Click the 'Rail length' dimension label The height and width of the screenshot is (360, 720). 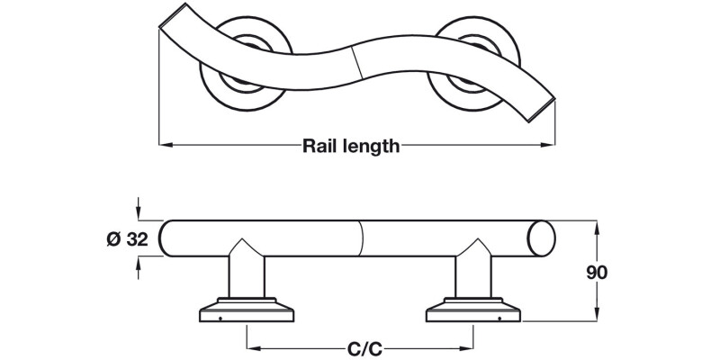pos(350,146)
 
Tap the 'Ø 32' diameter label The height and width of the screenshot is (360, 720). pos(125,239)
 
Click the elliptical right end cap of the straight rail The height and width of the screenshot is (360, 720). pos(543,239)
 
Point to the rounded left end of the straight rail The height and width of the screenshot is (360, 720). pos(167,239)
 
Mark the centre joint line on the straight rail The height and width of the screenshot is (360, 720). pos(361,239)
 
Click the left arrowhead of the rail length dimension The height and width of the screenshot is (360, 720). pos(164,144)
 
